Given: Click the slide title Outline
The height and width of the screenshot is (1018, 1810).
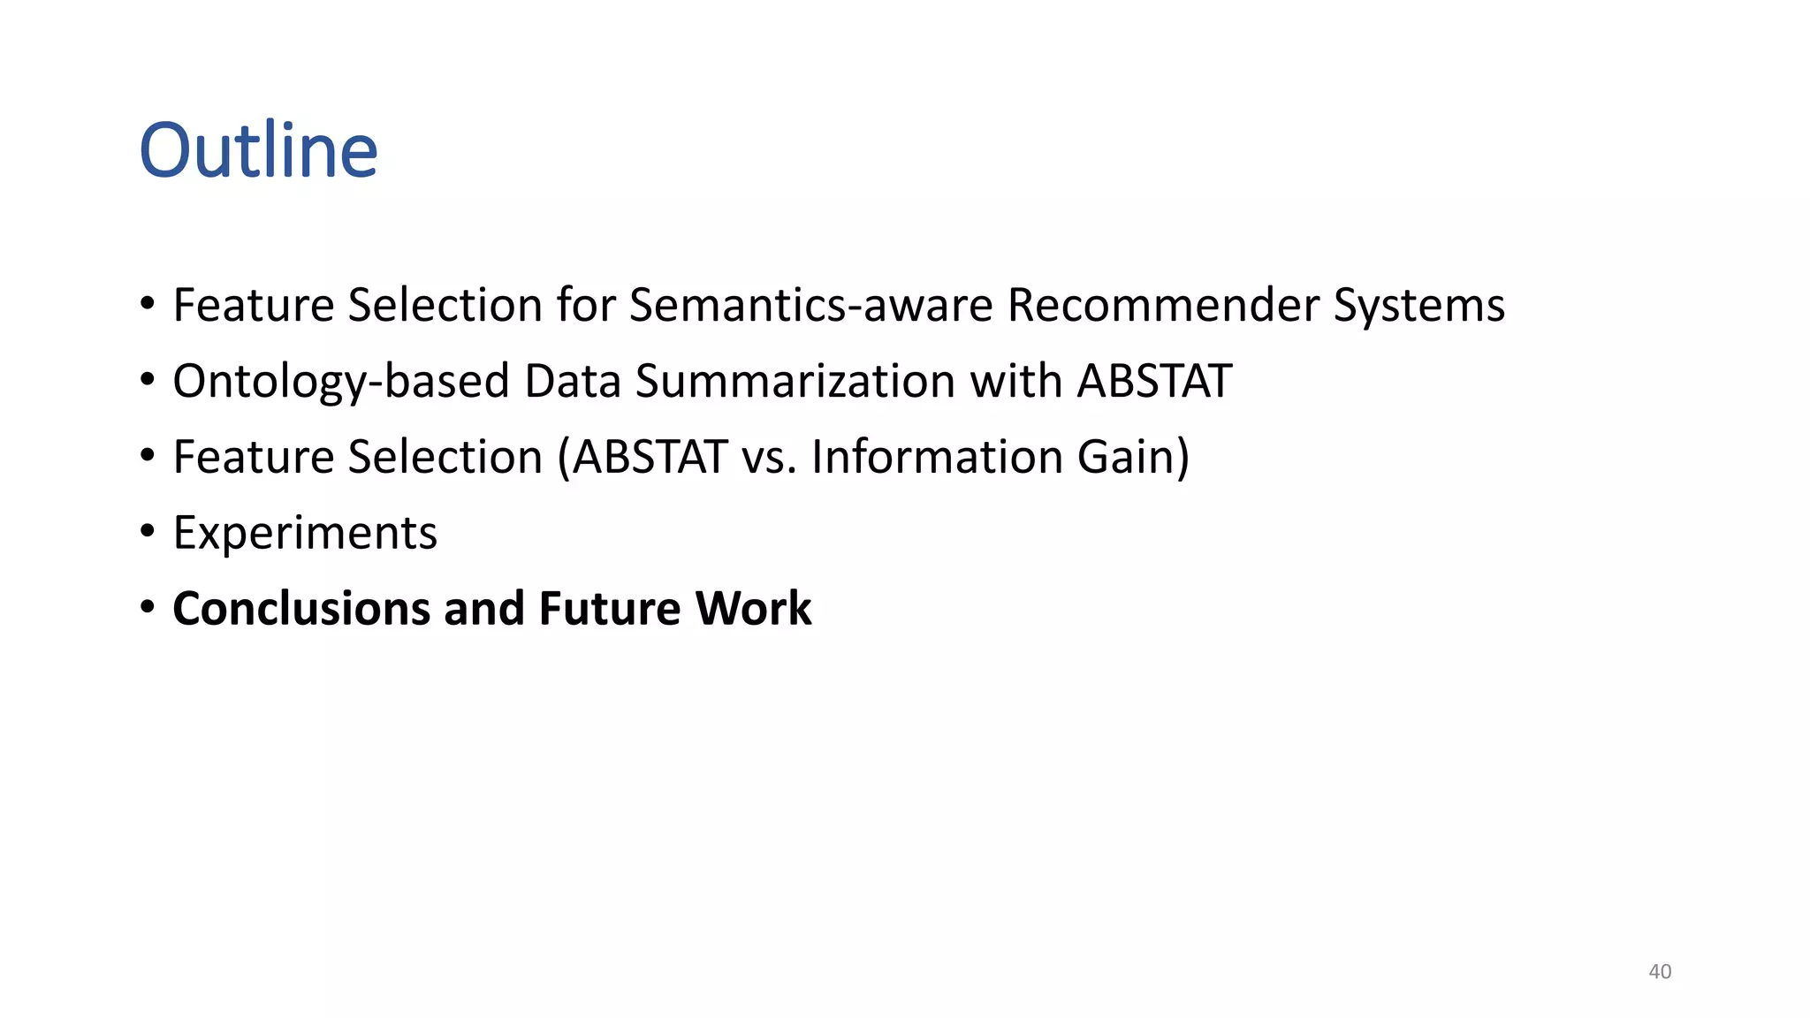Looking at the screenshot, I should click(258, 150).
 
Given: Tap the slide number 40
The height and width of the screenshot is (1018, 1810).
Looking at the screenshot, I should click(1660, 971).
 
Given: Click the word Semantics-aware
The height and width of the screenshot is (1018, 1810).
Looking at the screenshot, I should click(810, 306).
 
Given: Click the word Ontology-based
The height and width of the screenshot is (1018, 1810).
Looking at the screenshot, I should click(341, 383).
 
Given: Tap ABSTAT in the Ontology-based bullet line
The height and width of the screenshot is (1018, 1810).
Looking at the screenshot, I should click(1154, 382).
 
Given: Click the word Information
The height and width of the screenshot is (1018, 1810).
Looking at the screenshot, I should click(937, 458).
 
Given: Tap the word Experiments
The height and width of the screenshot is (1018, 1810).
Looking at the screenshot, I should click(305, 534).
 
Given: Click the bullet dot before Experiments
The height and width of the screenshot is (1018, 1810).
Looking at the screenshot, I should click(148, 532).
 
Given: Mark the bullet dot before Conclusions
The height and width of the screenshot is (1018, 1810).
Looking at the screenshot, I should click(148, 608).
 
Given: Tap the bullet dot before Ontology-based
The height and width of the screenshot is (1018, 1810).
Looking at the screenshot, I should click(148, 380).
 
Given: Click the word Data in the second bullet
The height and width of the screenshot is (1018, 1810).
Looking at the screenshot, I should click(573, 382).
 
